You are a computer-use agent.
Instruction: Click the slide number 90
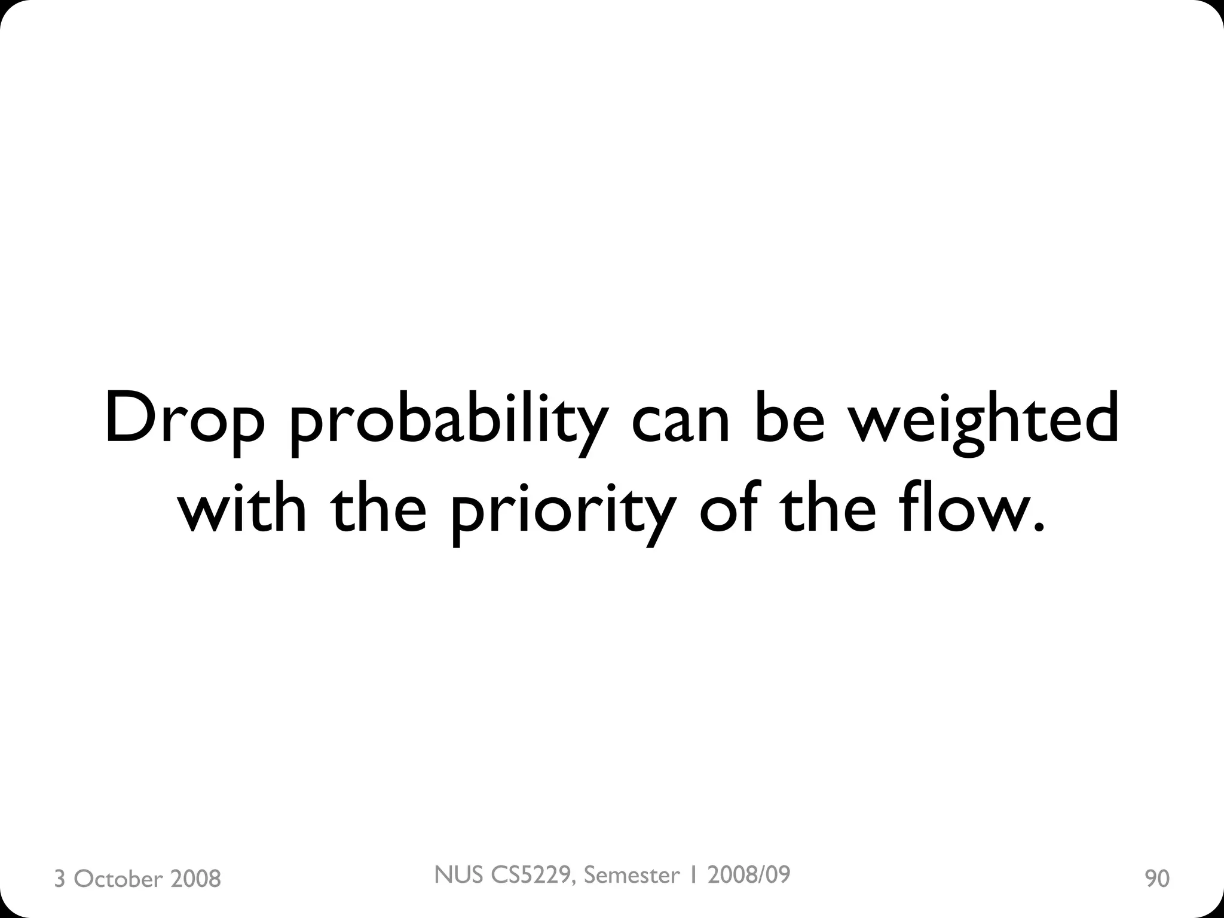coord(1156,879)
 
